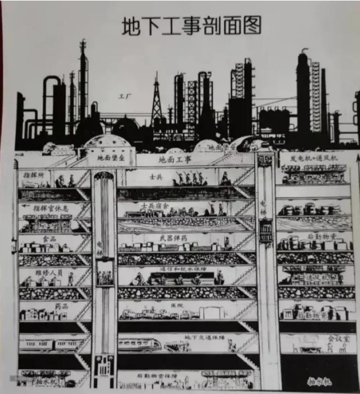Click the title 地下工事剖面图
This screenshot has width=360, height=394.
[191, 26]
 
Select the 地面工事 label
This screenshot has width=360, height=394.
[175, 159]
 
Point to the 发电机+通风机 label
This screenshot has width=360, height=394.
[314, 158]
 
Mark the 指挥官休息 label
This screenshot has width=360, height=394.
[51, 208]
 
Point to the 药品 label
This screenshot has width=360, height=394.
[62, 306]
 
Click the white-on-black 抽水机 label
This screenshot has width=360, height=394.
[319, 382]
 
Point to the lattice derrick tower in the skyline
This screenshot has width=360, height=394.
[156, 99]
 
